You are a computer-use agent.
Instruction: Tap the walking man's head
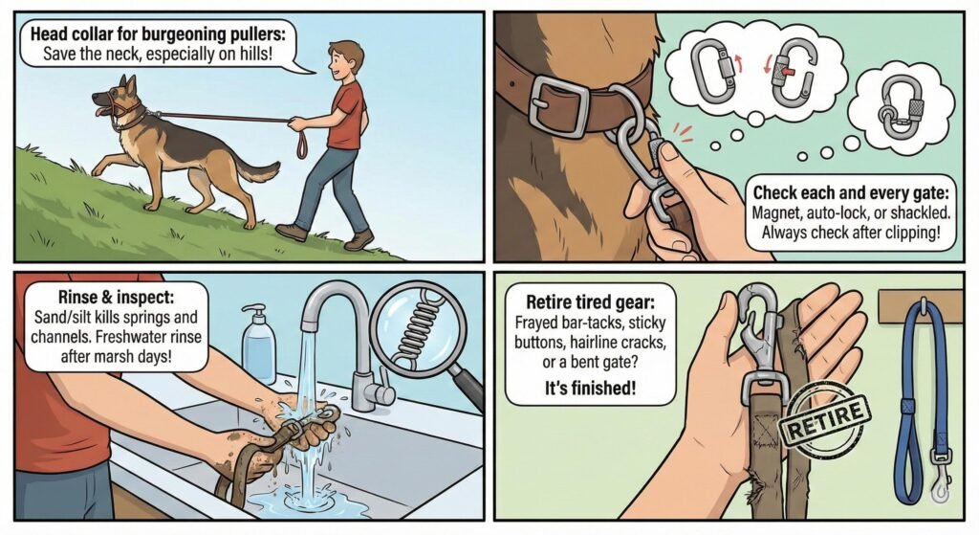342,60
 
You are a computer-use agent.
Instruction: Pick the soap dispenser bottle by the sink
257,344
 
